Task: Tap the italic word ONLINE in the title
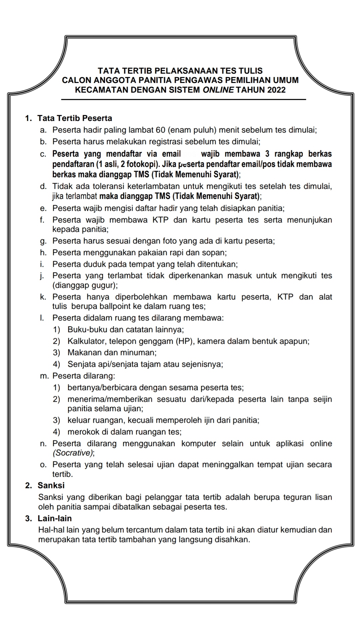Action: click(x=218, y=90)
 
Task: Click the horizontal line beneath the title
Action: click(x=183, y=99)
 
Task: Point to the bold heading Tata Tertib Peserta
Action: click(x=75, y=118)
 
